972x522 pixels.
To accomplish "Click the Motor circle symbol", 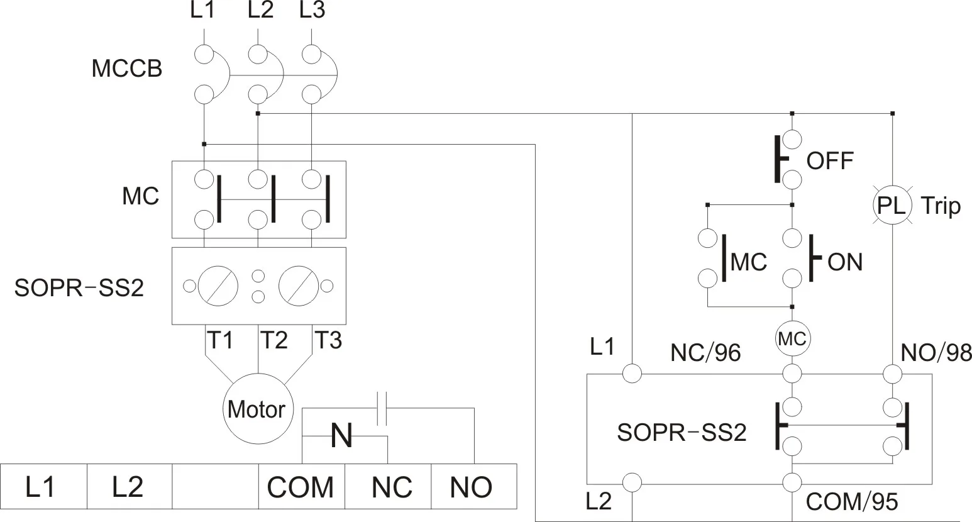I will pyautogui.click(x=257, y=409).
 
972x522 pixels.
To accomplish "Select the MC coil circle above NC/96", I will pyautogui.click(x=792, y=340).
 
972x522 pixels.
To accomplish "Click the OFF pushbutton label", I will pyautogui.click(x=830, y=161).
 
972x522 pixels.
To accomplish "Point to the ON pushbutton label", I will pyautogui.click(x=845, y=262).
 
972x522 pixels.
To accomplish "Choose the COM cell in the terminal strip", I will pyautogui.click(x=301, y=487).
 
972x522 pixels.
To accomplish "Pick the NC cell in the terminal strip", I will pyautogui.click(x=391, y=487).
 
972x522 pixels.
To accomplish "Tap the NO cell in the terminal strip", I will pyautogui.click(x=472, y=487).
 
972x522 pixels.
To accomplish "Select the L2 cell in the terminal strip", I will pyautogui.click(x=128, y=487).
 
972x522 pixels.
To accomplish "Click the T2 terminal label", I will pyautogui.click(x=273, y=341).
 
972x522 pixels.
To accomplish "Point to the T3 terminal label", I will pyautogui.click(x=328, y=341).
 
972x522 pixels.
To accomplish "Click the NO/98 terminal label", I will pyautogui.click(x=936, y=353).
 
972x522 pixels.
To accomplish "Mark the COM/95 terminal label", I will pyautogui.click(x=851, y=502).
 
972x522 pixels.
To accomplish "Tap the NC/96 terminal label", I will pyautogui.click(x=705, y=353).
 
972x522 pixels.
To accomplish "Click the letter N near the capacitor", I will pyautogui.click(x=341, y=436).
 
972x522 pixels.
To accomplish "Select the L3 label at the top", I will pyautogui.click(x=312, y=11).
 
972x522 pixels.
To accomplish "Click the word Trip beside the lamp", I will pyautogui.click(x=941, y=206).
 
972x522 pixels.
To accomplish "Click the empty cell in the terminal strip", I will pyautogui.click(x=215, y=486).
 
